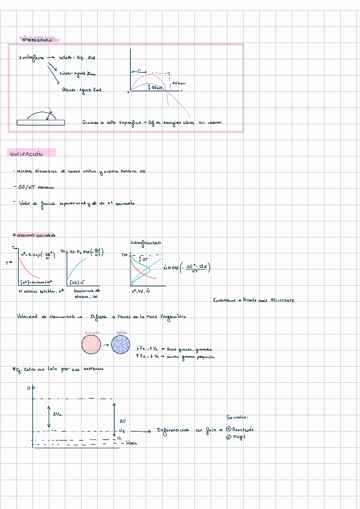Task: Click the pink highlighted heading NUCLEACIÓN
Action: [26, 154]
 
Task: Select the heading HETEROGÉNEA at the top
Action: [37, 40]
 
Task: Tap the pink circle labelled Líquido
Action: [91, 345]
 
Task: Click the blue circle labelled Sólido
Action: [122, 345]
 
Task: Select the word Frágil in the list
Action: [241, 436]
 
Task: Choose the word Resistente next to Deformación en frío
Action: [244, 429]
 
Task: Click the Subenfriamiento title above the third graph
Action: [146, 242]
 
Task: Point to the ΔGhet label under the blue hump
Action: [157, 88]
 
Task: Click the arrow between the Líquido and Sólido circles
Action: [106, 346]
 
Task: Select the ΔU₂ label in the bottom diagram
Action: [58, 414]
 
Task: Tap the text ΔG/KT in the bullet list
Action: [23, 187]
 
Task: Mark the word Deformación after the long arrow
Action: [173, 430]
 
